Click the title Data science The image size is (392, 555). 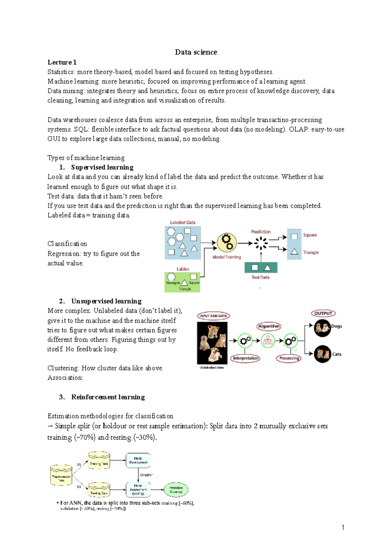196,52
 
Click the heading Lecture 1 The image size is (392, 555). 62,62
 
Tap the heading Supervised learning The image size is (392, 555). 102,167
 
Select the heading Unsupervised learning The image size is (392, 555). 106,301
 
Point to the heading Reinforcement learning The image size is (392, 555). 108,397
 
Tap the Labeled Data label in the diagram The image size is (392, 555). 183,223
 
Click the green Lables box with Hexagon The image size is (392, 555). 182,282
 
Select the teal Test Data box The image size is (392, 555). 261,268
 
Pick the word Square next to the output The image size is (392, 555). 310,235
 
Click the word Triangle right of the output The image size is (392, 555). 311,252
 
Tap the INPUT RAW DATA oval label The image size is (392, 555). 213,316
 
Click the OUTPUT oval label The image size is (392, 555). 323,313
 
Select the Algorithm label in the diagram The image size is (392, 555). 269,326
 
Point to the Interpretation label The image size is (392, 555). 246,358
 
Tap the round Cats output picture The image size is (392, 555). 322,354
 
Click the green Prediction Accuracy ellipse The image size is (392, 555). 176,490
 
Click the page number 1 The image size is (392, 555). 343,527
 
